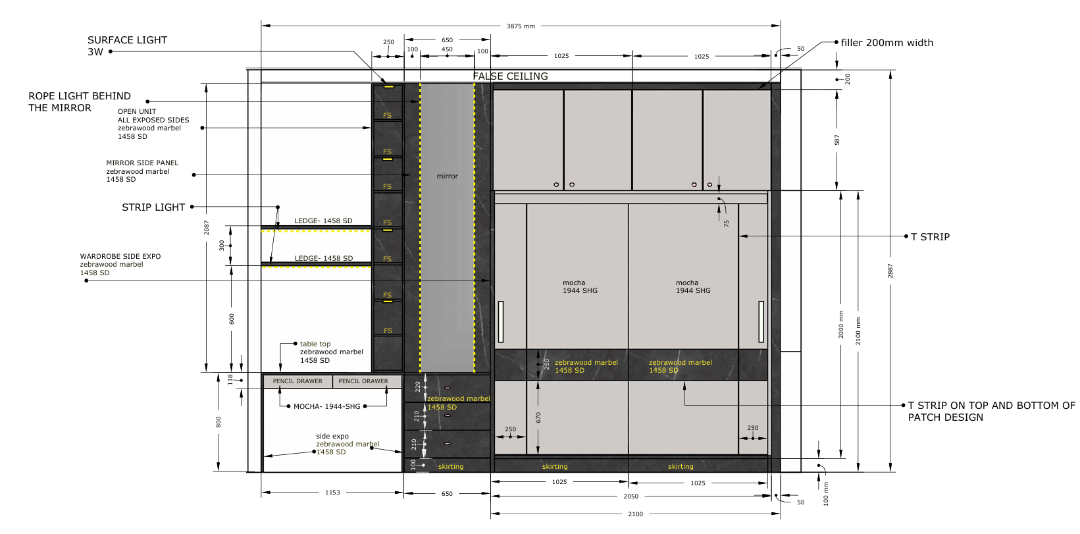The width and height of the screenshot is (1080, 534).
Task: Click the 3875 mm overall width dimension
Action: tap(521, 26)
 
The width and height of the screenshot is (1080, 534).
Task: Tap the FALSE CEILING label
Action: tap(510, 76)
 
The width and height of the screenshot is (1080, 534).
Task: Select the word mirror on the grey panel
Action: tap(447, 176)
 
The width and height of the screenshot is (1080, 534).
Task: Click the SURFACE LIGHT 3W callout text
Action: tap(127, 46)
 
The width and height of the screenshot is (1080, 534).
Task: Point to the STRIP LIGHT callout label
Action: tap(153, 207)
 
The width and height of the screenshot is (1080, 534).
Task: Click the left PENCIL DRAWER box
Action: tap(297, 381)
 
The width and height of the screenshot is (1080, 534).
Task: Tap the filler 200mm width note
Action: tap(887, 42)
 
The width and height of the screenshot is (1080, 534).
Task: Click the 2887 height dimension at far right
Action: tap(890, 271)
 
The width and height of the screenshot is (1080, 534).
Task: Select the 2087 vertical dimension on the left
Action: tap(207, 228)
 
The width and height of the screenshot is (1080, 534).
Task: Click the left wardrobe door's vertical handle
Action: tap(501, 322)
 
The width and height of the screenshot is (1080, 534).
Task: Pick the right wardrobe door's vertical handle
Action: tap(761, 322)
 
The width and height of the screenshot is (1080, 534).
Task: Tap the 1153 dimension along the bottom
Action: tap(332, 493)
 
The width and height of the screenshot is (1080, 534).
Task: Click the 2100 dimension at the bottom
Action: tap(635, 514)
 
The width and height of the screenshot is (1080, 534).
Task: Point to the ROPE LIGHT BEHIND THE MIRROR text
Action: tap(80, 102)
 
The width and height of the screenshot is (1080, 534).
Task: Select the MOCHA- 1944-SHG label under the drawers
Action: tap(327, 407)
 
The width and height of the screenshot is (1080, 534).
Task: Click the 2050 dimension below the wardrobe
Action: tap(630, 496)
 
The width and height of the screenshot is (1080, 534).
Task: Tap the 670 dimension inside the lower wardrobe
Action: tap(538, 417)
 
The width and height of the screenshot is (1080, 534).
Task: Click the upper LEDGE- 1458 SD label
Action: tap(324, 221)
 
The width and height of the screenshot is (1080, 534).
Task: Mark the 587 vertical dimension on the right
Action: tap(837, 140)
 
